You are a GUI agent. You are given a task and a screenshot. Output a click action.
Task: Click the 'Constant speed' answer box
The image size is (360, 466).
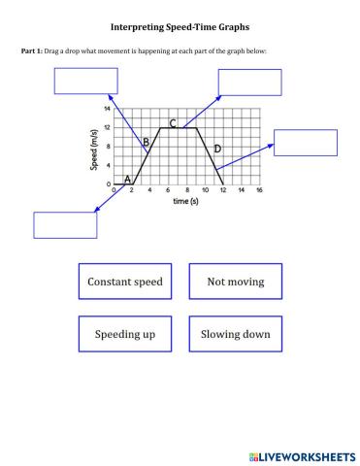pos(124,283)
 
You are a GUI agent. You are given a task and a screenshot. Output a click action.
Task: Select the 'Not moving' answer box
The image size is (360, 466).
pos(235,283)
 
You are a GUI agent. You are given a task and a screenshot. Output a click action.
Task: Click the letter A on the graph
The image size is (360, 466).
pos(127,180)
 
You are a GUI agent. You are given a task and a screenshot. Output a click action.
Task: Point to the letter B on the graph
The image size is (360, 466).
pos(146,143)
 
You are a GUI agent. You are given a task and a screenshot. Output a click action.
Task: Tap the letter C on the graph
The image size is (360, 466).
pos(173,123)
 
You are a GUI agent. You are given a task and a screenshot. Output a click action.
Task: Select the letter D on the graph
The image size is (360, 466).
pos(217,149)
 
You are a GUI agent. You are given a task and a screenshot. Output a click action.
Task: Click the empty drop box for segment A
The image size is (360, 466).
pos(66,224)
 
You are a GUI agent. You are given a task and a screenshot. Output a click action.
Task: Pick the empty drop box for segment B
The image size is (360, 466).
pos(85,81)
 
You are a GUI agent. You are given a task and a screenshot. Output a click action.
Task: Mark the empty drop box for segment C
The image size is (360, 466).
pos(249,83)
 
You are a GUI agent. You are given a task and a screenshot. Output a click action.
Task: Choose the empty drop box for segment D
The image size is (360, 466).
pos(305,143)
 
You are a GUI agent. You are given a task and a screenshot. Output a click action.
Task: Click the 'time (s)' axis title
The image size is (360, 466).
pos(186,201)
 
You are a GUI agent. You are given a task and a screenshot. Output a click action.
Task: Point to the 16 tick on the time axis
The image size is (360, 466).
pos(259,190)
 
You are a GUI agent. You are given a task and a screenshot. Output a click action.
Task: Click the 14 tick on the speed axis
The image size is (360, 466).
pos(107,110)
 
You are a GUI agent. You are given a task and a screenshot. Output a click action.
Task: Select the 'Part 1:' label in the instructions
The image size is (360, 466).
pos(31,50)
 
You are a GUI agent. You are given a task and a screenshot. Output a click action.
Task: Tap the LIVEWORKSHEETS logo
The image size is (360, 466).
pos(303,454)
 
